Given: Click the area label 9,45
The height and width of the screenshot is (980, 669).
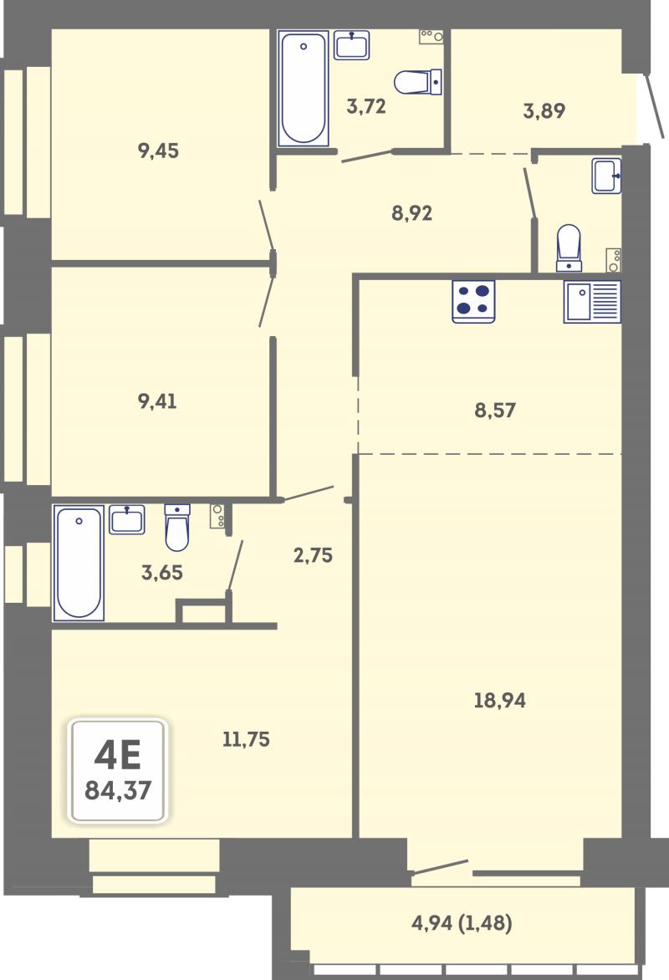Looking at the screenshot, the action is [x=158, y=151].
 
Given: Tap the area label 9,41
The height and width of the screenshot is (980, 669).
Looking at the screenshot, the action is [x=157, y=401].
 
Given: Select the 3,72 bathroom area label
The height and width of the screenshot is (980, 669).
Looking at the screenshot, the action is [x=366, y=106].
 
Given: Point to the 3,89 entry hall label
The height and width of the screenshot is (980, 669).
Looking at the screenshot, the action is [x=544, y=110].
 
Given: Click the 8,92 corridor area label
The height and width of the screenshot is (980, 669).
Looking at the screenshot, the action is [x=412, y=213].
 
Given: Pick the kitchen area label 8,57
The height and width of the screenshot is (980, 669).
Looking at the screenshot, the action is [x=495, y=410].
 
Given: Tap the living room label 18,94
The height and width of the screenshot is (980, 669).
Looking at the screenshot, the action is [x=499, y=700].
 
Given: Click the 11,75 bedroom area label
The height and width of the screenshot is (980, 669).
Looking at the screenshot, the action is [x=247, y=739].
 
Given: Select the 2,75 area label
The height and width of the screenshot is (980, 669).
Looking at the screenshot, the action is [x=314, y=555].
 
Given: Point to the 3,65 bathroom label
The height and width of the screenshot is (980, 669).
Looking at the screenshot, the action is [x=162, y=573].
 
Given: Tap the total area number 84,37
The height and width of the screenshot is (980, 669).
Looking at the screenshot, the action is [x=118, y=791].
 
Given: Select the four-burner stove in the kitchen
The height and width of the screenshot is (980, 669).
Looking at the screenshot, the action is [x=473, y=301].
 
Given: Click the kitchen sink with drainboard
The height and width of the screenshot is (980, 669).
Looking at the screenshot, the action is [x=592, y=301].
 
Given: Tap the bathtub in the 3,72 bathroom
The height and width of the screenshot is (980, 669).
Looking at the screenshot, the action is [x=304, y=88].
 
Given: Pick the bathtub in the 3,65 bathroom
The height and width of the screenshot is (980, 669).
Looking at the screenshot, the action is [x=79, y=563].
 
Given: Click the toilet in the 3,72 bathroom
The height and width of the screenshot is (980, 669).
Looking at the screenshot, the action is [x=417, y=82].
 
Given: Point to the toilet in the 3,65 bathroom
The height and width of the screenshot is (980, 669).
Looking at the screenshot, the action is [x=177, y=528].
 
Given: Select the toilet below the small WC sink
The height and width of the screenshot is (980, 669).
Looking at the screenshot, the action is [x=569, y=248].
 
